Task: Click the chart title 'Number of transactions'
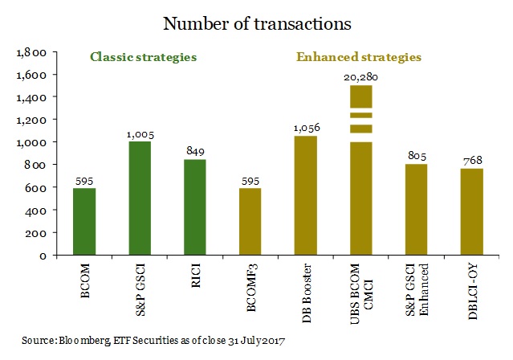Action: [x=257, y=23]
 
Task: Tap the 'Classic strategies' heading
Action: [x=144, y=58]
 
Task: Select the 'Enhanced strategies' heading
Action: [x=359, y=58]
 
